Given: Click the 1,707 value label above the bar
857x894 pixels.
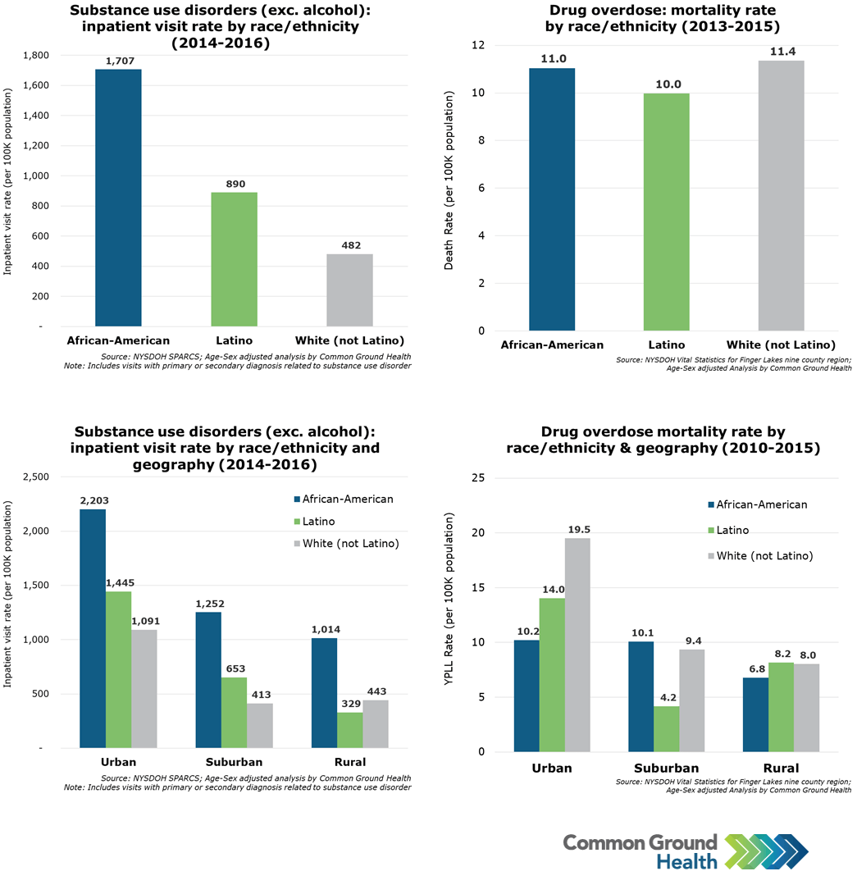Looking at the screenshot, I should (118, 62).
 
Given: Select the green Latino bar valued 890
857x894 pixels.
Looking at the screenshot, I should (234, 259).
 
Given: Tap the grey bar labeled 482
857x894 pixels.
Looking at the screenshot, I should (349, 290).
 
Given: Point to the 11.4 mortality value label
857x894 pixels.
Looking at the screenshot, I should (781, 52).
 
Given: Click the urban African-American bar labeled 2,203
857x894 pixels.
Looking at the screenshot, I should (93, 628).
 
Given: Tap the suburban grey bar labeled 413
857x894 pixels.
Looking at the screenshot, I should (260, 726).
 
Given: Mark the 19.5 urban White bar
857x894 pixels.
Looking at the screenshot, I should (577, 645).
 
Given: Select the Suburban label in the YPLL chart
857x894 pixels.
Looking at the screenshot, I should (666, 769).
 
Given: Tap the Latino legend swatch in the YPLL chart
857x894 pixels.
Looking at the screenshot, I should (710, 531).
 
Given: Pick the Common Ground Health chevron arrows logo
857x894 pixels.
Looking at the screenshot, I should (767, 852).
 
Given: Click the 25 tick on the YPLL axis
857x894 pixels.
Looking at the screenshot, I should (480, 478).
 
